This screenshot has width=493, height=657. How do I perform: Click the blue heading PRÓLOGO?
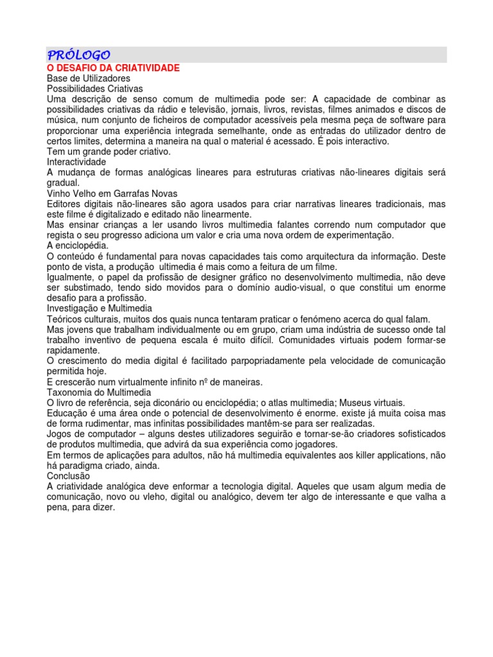click(x=79, y=55)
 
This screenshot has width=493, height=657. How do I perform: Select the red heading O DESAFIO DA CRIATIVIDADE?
click(x=113, y=67)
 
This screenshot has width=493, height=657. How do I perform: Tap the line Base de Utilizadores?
click(x=89, y=78)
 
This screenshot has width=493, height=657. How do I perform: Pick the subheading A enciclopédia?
click(x=78, y=245)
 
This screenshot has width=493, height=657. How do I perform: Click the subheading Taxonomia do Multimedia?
click(x=99, y=392)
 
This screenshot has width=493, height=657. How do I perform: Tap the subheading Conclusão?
click(x=69, y=476)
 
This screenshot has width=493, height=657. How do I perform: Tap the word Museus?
click(x=361, y=402)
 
